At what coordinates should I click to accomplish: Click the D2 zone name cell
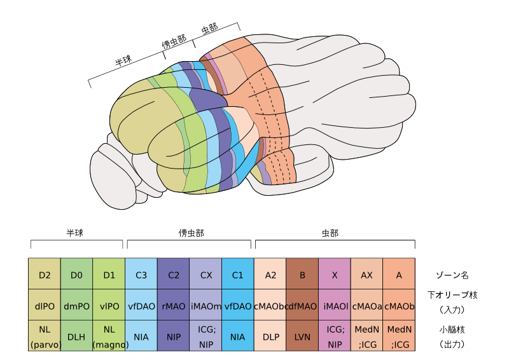(x=45, y=275)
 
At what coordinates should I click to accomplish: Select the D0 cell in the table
(x=76, y=275)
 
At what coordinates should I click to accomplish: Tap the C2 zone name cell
(x=173, y=275)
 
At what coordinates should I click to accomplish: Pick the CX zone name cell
(x=206, y=275)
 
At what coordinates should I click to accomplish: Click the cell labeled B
(x=302, y=275)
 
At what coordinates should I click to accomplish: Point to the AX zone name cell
(x=366, y=275)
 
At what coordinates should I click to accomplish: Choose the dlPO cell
(x=45, y=306)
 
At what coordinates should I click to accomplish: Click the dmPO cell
(x=76, y=306)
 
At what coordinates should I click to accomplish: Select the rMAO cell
(x=173, y=306)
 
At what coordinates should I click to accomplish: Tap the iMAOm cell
(x=206, y=306)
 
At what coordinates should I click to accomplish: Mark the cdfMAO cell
(x=302, y=306)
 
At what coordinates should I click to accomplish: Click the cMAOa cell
(x=366, y=306)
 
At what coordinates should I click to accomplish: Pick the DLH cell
(x=76, y=336)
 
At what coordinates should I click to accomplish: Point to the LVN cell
(x=302, y=336)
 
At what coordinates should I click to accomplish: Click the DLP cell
(x=270, y=336)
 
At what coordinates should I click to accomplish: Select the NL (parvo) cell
(x=45, y=336)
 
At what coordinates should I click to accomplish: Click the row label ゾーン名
(x=452, y=275)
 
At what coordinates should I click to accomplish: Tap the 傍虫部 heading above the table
(x=191, y=233)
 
